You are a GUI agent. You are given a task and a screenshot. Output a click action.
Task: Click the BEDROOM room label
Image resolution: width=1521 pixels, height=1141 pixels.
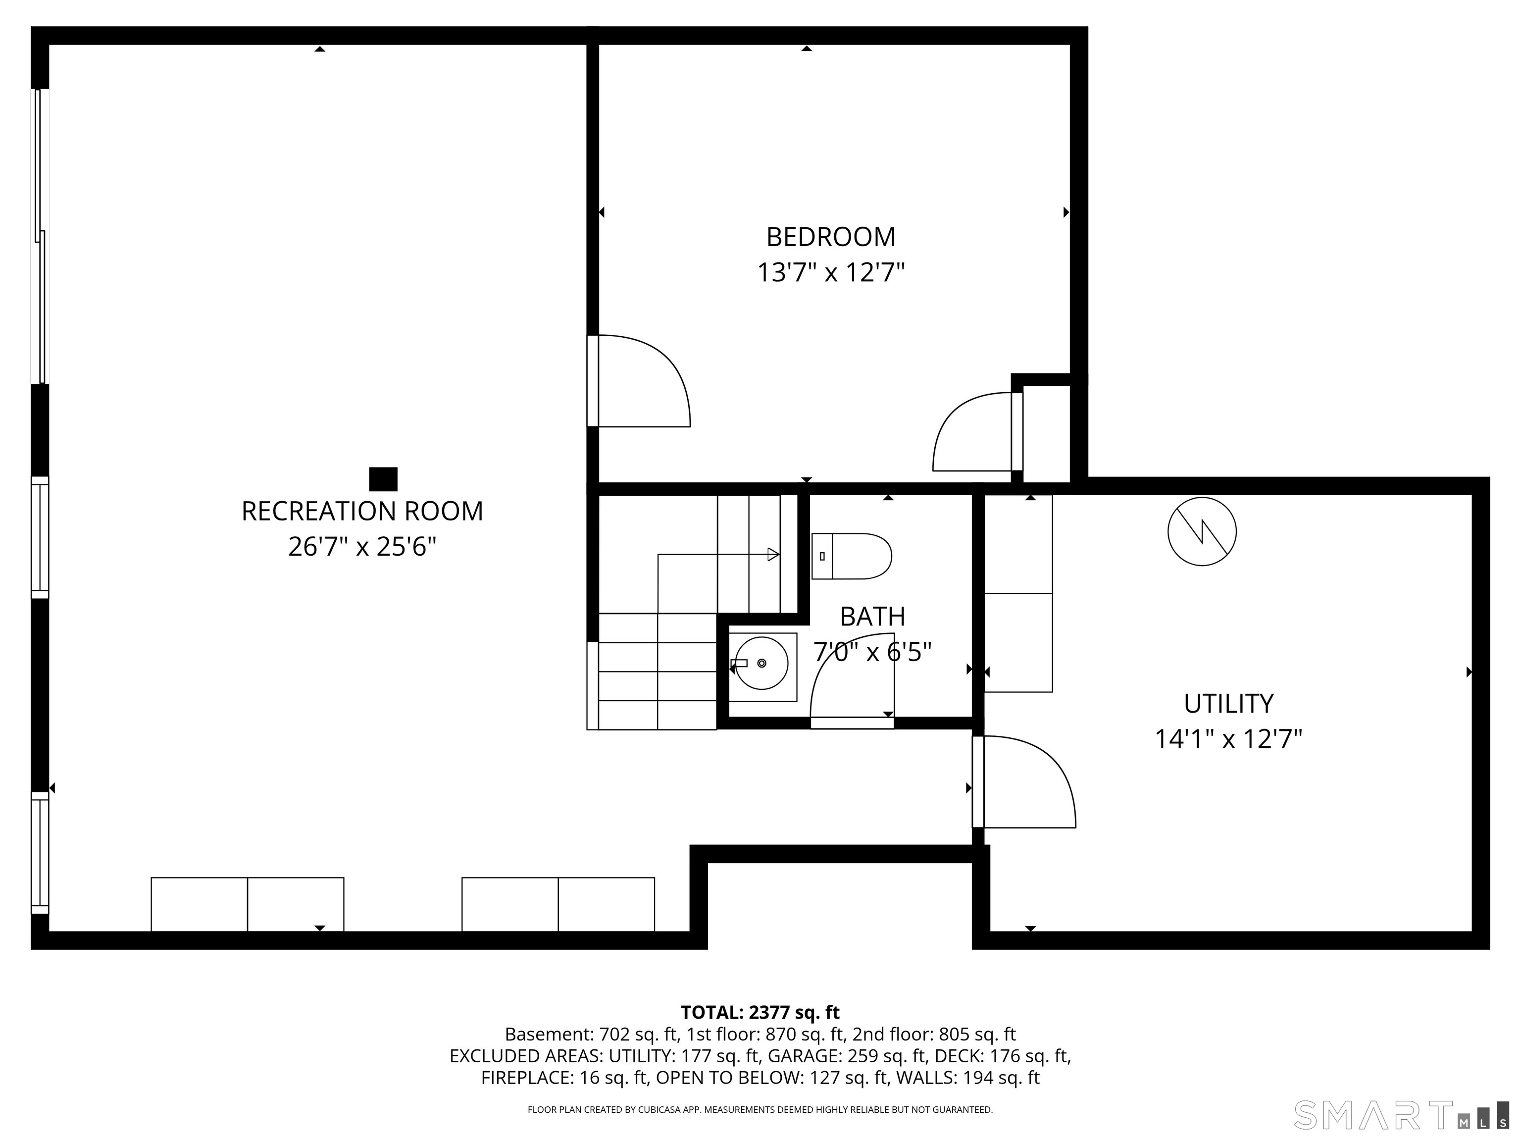[x=831, y=237]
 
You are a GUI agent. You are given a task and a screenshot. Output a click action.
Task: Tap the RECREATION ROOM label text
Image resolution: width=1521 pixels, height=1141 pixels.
[x=362, y=512]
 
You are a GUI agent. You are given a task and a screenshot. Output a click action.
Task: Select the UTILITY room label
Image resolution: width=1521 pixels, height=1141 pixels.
[x=1228, y=704]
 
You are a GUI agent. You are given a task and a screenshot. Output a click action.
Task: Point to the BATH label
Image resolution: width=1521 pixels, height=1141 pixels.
[x=872, y=617]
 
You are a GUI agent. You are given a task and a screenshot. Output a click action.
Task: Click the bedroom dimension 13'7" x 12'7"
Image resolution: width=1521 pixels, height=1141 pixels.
[x=831, y=273]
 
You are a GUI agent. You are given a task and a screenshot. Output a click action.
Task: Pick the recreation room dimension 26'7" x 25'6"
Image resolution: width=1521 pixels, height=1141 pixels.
[x=362, y=547]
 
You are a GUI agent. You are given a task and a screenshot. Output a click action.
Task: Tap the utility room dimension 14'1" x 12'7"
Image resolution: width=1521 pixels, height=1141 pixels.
[x=1228, y=740]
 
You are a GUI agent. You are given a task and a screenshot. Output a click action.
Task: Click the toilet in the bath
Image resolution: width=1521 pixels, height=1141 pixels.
[x=851, y=556]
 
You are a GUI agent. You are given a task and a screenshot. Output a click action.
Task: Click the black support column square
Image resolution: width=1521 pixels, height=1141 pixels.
[x=383, y=479]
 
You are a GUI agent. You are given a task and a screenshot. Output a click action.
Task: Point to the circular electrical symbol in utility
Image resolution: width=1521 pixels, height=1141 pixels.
[x=1202, y=532]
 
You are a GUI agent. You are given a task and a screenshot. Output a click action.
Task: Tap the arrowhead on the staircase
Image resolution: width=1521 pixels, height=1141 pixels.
[x=773, y=554]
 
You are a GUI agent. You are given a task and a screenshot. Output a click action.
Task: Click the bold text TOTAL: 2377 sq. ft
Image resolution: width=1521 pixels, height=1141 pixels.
[x=760, y=1012]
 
